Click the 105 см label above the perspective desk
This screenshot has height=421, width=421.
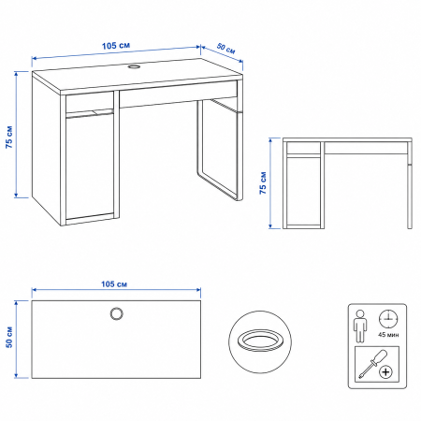pos(116,46)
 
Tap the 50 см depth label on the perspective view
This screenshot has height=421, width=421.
pos(226,49)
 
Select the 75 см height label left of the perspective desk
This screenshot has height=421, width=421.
pos(9,137)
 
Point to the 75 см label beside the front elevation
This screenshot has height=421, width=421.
pos(263,182)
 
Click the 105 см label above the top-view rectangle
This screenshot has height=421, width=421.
pos(114,284)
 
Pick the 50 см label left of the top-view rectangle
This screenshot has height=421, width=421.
pos(9,337)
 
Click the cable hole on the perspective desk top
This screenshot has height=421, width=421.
pos(135,66)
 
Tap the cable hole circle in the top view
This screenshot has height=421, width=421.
pos(117,313)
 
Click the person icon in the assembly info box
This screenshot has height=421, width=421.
pos(360,326)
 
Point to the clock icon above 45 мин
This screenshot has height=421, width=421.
pos(388,319)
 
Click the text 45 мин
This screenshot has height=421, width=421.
pos(388,335)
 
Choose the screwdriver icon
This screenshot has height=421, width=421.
pos(372,364)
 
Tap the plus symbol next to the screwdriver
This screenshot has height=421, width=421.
pos(385,372)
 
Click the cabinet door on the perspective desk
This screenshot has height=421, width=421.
pos(90,167)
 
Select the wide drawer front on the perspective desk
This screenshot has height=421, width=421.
pos(178,94)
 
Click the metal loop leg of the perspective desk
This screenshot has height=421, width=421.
pos(219,150)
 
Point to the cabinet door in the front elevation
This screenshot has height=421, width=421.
pos(304,191)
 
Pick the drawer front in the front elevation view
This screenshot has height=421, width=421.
pos(366,148)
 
